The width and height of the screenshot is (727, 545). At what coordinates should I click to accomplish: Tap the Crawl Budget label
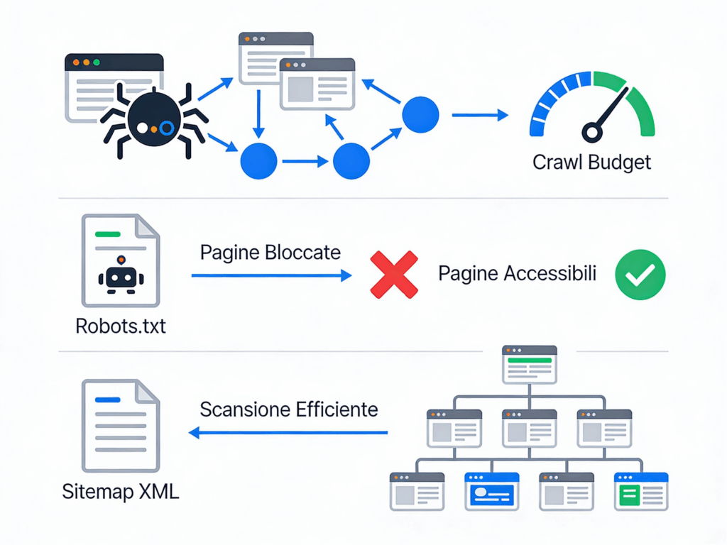click(591, 163)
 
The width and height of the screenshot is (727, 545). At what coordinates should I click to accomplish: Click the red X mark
click(394, 275)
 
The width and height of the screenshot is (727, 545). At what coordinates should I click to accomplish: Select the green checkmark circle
click(640, 274)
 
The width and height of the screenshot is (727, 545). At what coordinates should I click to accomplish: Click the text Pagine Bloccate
click(270, 253)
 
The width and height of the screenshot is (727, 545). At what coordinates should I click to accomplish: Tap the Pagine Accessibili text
click(516, 274)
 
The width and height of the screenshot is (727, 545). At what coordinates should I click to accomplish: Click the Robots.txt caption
click(120, 327)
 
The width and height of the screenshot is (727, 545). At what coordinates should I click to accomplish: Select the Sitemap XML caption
click(121, 491)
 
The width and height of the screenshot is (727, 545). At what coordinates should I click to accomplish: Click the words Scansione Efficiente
click(289, 409)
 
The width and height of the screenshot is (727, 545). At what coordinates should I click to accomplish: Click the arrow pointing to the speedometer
click(480, 114)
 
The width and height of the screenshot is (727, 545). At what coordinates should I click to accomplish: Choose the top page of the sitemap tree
click(529, 363)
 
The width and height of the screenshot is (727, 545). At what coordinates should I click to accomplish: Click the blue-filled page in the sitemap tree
click(491, 491)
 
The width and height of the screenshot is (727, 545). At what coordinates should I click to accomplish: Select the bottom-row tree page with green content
click(641, 491)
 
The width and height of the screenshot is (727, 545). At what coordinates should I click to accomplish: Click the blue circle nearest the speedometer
click(420, 114)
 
